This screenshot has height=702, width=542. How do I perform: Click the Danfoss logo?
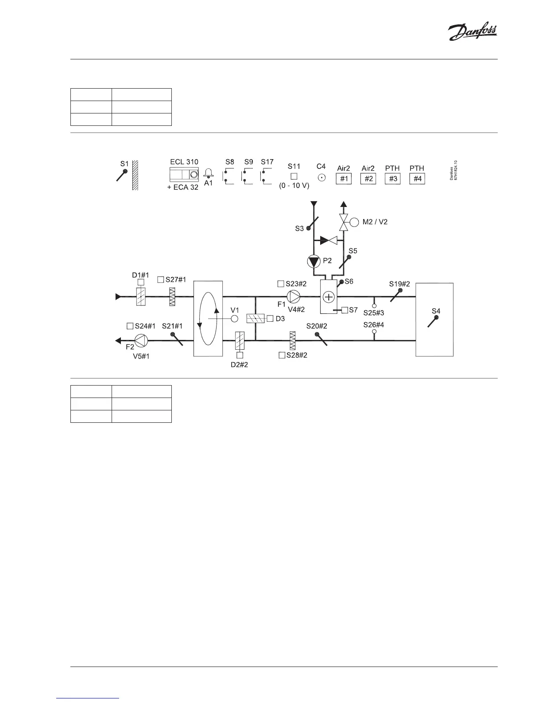472,32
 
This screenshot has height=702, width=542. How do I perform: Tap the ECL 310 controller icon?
184,174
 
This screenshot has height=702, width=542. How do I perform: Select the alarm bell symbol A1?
208,174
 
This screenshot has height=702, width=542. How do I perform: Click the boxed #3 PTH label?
392,179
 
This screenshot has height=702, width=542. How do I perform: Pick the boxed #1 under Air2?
344,179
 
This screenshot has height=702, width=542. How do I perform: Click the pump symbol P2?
314,261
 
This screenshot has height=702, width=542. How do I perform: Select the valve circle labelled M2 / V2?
354,222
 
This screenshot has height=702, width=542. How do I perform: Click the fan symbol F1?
293,296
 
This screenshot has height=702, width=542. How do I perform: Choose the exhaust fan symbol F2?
141,340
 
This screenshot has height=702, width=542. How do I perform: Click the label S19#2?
399,284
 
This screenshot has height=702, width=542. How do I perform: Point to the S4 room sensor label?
436,311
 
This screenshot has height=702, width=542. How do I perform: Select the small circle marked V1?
235,319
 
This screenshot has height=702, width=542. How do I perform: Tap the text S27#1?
176,280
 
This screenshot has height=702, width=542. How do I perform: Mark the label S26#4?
374,325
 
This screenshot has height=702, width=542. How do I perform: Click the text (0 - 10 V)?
294,185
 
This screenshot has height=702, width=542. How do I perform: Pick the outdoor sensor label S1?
124,164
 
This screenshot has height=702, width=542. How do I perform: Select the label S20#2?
317,326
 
